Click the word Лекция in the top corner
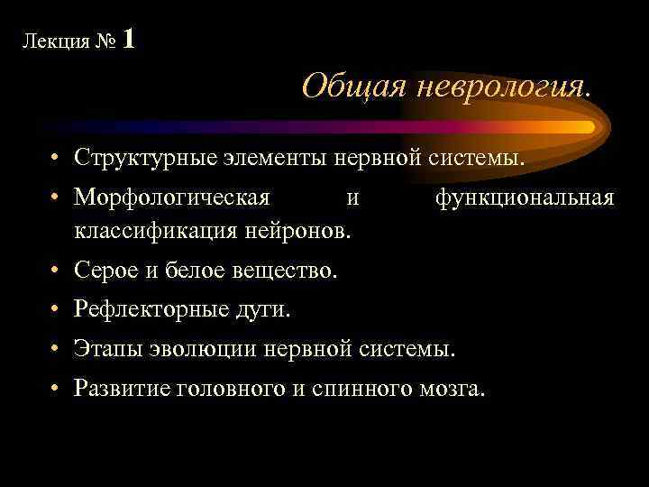tap(51, 42)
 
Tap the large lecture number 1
tap(129, 39)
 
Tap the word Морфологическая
tap(171, 198)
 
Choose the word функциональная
tap(526, 198)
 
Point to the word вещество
tap(288, 271)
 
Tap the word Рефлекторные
tap(149, 309)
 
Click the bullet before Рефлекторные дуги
tap(56, 309)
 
